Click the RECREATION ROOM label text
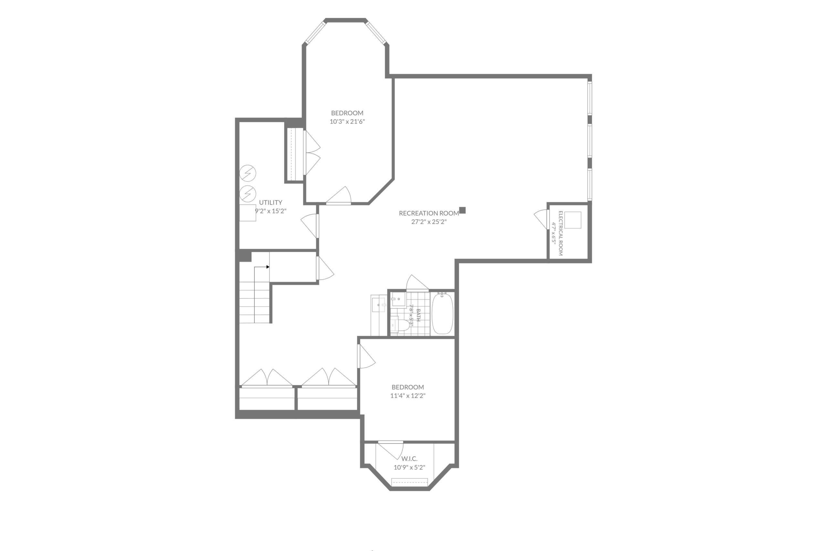point(429,213)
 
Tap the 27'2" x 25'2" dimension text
point(429,222)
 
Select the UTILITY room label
point(270,202)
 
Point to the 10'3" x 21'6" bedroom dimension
point(347,122)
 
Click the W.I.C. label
point(409,459)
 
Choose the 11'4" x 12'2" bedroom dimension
point(407,396)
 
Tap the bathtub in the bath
point(442,313)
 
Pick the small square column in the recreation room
point(462,210)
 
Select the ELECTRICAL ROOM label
point(560,233)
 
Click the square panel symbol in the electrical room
point(573,220)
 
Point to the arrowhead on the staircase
point(267,267)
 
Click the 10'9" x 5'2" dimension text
point(409,467)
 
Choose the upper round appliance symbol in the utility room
point(247,173)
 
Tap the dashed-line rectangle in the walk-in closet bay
point(410,482)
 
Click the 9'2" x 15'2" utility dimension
point(270,211)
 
